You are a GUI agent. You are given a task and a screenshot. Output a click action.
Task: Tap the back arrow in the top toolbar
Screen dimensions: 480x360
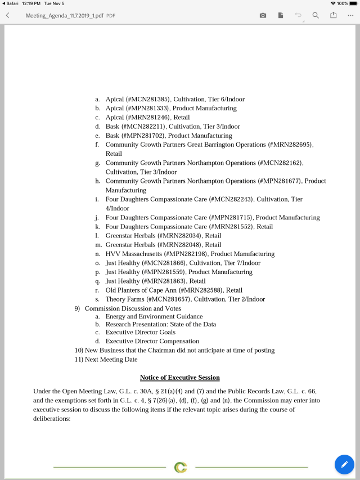8,15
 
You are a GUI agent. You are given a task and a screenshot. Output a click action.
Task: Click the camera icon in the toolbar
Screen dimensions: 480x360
263,15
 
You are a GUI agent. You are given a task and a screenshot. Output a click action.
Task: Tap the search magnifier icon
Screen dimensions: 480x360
316,15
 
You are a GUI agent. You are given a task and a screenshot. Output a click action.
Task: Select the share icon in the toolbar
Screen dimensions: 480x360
333,15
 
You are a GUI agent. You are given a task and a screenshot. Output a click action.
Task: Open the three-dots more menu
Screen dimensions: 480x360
350,15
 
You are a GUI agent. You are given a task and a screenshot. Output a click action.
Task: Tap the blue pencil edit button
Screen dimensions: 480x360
344,464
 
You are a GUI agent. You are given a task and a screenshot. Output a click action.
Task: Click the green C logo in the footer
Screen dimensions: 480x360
181,467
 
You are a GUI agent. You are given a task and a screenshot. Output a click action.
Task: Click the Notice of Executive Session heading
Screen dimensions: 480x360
180,378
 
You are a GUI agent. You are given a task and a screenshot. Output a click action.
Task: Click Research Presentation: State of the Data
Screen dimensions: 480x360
161,324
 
